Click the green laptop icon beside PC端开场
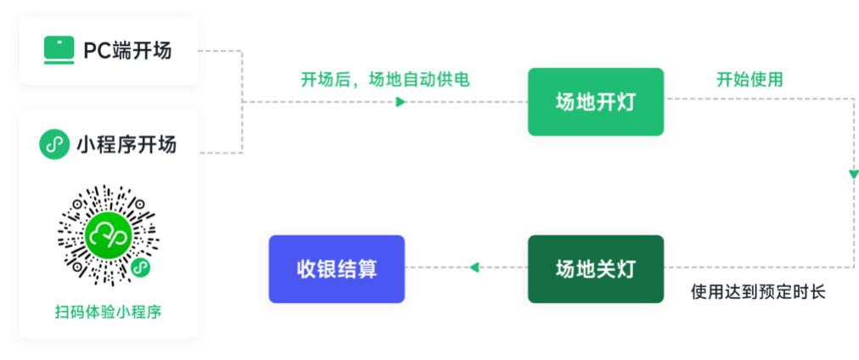(x=59, y=51)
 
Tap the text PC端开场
(x=126, y=51)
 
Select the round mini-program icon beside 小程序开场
(x=54, y=145)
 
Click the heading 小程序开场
(x=126, y=145)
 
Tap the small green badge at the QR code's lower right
(x=142, y=268)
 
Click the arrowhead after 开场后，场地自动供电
(x=401, y=102)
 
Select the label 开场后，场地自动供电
(x=385, y=80)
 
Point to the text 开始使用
(x=749, y=80)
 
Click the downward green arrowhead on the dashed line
(x=853, y=174)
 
